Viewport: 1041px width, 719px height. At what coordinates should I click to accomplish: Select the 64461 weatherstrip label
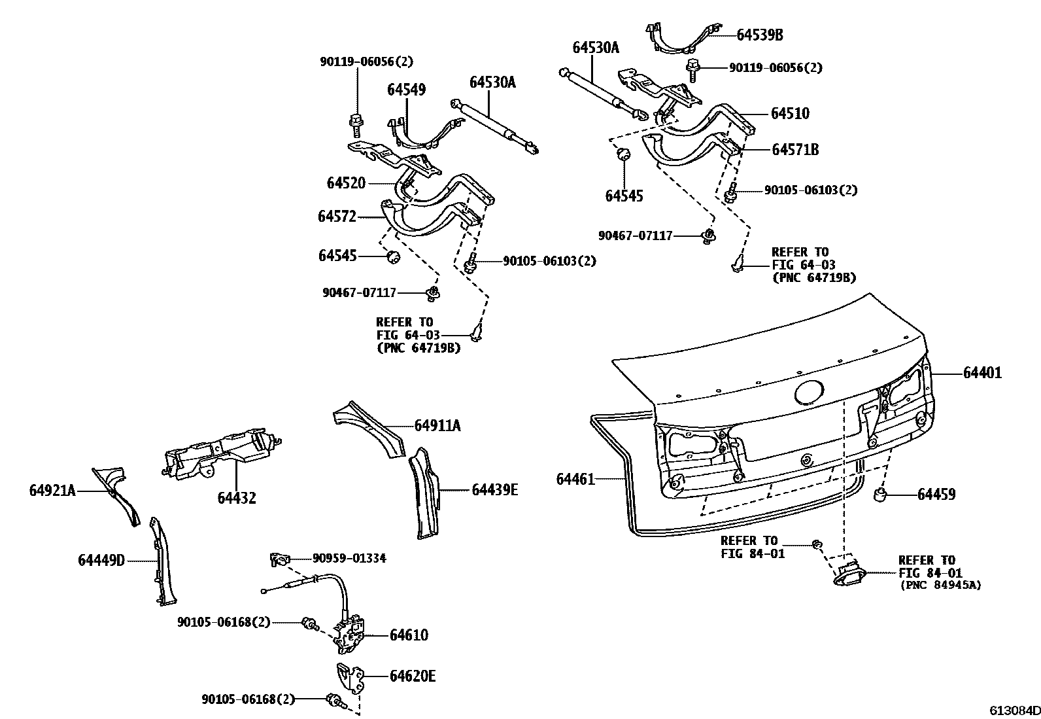click(575, 480)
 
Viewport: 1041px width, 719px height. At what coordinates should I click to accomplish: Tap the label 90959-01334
click(349, 558)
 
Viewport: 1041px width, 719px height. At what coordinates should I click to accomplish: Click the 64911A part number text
click(437, 426)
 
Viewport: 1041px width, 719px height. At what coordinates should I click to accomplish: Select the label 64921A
click(52, 490)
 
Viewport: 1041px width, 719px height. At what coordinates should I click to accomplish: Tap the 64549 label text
click(406, 90)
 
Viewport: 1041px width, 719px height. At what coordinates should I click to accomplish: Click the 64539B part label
click(759, 35)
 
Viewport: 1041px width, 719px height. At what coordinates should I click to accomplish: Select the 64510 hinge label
click(789, 114)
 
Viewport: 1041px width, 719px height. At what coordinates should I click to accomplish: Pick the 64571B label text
click(794, 150)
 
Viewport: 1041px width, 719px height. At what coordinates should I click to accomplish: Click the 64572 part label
click(337, 217)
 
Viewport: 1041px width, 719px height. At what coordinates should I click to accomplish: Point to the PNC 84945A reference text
click(940, 585)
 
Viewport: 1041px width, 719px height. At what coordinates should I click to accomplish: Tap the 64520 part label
click(346, 183)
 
